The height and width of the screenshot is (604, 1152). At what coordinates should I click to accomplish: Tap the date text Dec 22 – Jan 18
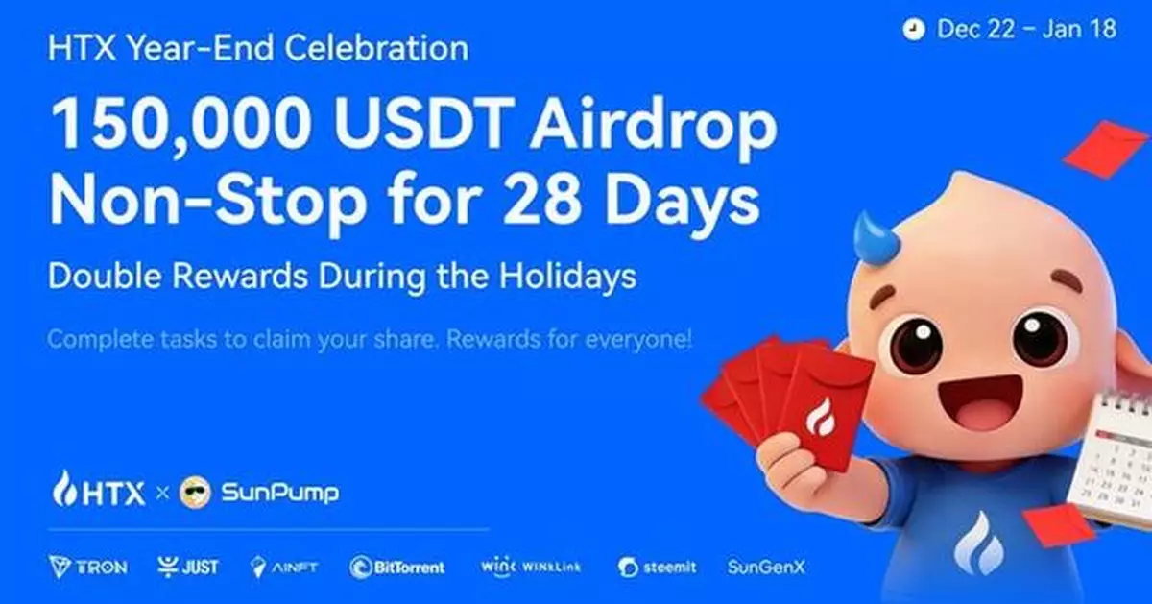[x=1026, y=29]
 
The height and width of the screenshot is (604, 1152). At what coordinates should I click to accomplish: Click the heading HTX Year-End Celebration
[x=258, y=48]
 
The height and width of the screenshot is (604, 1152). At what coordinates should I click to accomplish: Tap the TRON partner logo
[x=87, y=567]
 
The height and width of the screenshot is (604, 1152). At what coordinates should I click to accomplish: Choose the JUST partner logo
[x=188, y=567]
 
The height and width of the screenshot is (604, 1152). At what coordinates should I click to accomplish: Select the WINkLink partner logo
[x=530, y=567]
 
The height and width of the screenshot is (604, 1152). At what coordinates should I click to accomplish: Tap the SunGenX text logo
[x=766, y=567]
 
